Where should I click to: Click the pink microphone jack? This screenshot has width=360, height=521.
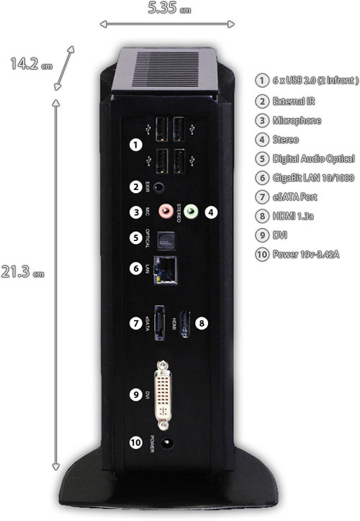[x=166, y=211]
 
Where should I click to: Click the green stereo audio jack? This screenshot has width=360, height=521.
[x=191, y=212]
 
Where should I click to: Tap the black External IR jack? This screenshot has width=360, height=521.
[x=159, y=187]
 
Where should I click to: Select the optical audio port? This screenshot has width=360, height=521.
[x=166, y=240]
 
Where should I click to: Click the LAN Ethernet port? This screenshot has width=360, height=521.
[x=165, y=270]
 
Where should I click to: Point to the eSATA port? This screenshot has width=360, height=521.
[x=160, y=323]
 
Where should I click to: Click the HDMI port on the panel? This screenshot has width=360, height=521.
[x=185, y=324]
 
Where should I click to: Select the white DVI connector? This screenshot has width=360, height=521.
[x=163, y=395]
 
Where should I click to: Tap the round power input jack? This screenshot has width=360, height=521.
[x=167, y=443]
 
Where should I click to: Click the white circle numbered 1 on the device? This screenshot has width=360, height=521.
[x=135, y=145]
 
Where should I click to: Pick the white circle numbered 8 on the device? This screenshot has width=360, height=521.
[x=202, y=323]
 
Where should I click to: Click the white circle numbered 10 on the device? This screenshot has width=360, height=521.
[x=135, y=443]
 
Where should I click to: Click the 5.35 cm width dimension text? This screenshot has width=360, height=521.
[x=169, y=8]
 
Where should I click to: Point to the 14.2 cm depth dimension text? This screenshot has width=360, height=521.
[x=31, y=64]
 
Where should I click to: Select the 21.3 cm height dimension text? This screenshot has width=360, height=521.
[x=22, y=272]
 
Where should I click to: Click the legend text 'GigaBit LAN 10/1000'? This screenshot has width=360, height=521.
[x=313, y=178]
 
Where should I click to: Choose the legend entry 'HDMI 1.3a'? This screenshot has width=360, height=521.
[x=293, y=217]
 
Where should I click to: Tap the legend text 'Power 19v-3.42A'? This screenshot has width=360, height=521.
[x=306, y=255]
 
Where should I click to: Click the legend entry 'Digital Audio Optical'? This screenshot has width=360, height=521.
[x=313, y=159]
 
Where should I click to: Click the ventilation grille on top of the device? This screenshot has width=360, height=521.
[x=166, y=69]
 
